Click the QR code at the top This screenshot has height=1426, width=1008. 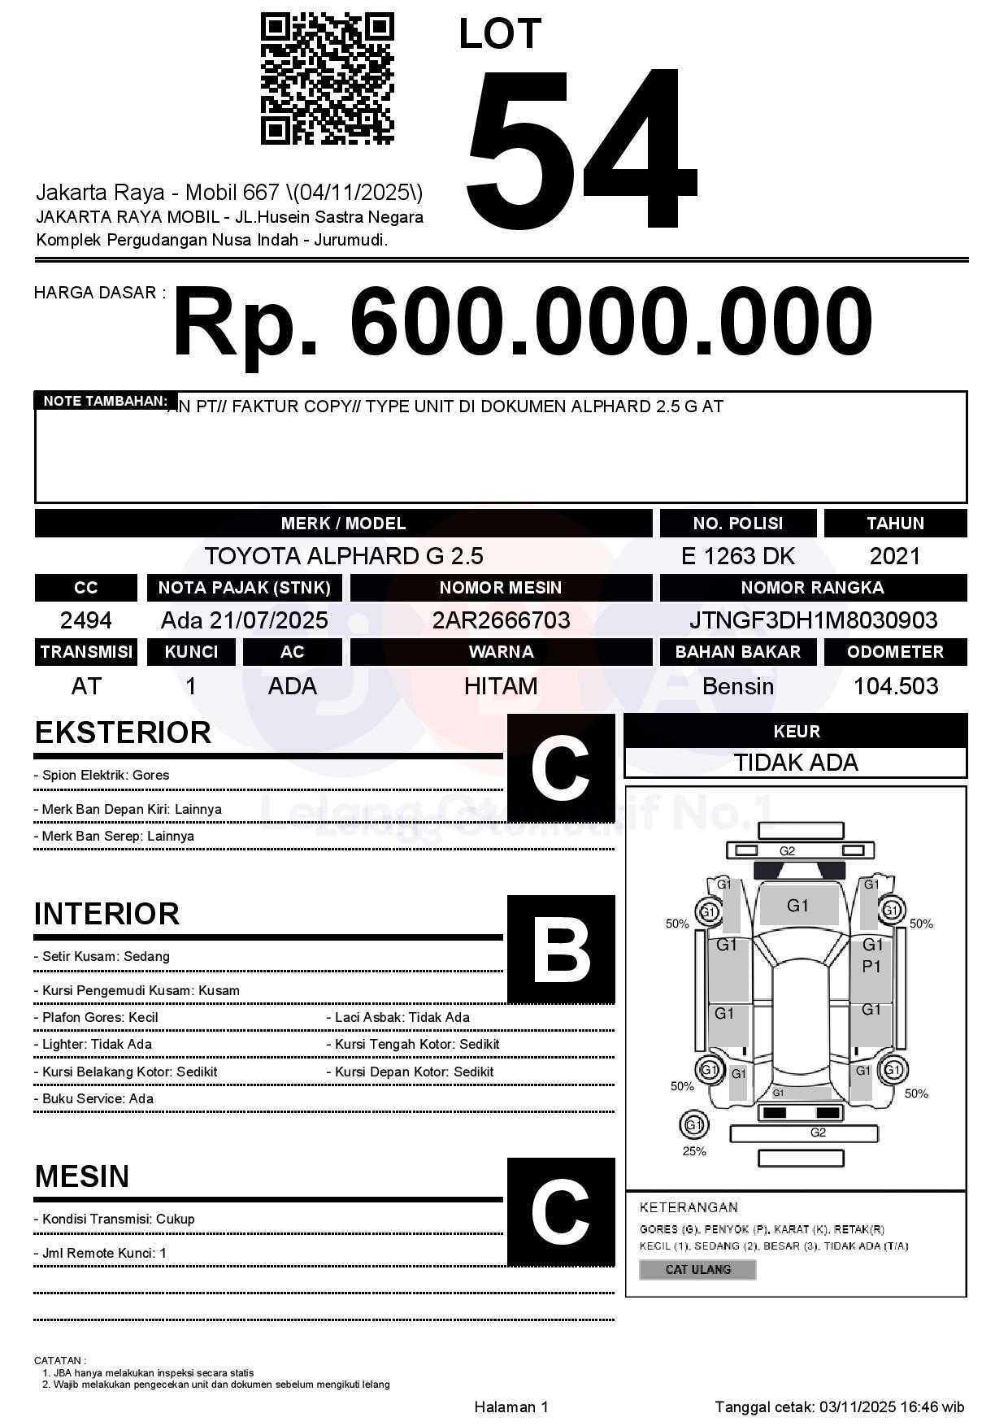pyautogui.click(x=327, y=79)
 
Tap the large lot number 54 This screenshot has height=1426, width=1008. pyautogui.click(x=581, y=148)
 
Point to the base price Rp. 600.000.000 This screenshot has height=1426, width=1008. pyautogui.click(x=522, y=322)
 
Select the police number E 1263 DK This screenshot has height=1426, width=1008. pyautogui.click(x=737, y=556)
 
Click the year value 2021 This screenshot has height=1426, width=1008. pyautogui.click(x=895, y=556)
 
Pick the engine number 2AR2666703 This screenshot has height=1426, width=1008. pyautogui.click(x=501, y=620)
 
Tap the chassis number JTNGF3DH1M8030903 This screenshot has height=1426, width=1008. pyautogui.click(x=813, y=620)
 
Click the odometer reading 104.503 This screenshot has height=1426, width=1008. pyautogui.click(x=895, y=686)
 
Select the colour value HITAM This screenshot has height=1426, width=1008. pyautogui.click(x=501, y=686)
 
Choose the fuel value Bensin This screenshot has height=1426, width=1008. pyautogui.click(x=737, y=686)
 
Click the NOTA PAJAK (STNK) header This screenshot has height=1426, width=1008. pyautogui.click(x=244, y=588)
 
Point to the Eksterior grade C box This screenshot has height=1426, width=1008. pyautogui.click(x=561, y=767)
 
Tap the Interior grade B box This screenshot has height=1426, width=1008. pyautogui.click(x=561, y=949)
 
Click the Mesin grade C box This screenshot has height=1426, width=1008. pyautogui.click(x=561, y=1211)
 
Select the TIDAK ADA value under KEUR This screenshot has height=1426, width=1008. pyautogui.click(x=796, y=763)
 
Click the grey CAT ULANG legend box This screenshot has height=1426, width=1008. pyautogui.click(x=697, y=1269)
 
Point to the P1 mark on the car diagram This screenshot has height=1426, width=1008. pyautogui.click(x=871, y=967)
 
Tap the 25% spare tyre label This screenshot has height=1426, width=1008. pyautogui.click(x=694, y=1151)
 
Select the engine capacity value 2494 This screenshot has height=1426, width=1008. pyautogui.click(x=85, y=620)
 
